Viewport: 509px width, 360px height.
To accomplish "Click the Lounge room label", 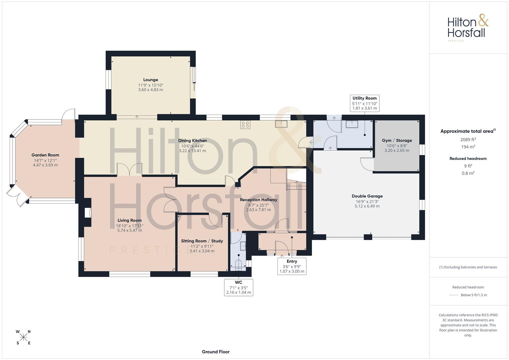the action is [150, 80].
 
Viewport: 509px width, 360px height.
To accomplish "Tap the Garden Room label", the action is [45, 155].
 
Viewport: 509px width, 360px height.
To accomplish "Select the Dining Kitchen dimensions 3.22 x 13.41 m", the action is [192, 151].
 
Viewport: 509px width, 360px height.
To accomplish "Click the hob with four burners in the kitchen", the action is [245, 125].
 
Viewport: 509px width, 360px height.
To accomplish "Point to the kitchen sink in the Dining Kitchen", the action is [281, 124].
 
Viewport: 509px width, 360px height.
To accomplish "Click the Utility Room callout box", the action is [364, 103].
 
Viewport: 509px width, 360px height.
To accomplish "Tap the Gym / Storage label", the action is [397, 140].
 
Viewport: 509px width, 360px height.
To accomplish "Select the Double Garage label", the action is [367, 196].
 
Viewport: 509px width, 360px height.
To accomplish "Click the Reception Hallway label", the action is [258, 200].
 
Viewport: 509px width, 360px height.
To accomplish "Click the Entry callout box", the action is [292, 266].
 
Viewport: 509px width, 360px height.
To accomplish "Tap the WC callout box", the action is [239, 287].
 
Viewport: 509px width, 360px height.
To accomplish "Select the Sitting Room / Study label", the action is [202, 241].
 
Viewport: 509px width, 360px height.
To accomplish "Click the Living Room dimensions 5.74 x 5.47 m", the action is [130, 230].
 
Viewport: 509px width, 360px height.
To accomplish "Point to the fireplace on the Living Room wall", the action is [88, 213].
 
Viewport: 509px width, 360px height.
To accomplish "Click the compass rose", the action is [23, 337].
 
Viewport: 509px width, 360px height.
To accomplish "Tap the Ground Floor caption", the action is [216, 352].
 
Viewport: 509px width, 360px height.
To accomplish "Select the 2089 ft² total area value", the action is [468, 140].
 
